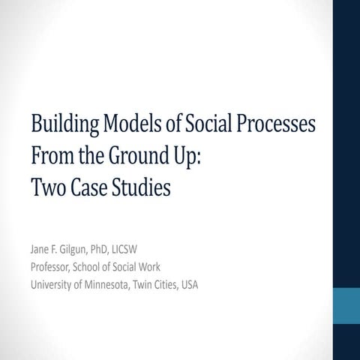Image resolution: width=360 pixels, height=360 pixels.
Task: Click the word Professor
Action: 50,267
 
